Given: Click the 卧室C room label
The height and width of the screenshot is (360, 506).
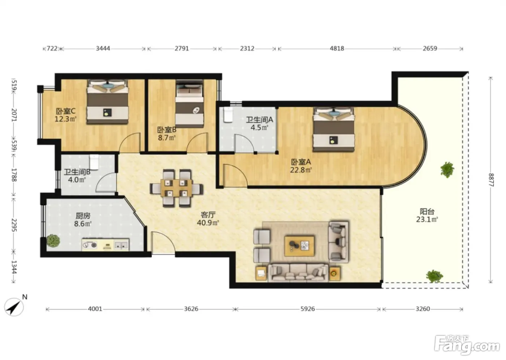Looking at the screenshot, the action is (x=66, y=111).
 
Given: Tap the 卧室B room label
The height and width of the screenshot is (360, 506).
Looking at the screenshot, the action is (x=167, y=130).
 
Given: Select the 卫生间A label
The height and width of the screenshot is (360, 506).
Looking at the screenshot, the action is (x=260, y=120).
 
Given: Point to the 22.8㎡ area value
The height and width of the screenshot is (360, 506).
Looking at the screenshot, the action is (x=301, y=170).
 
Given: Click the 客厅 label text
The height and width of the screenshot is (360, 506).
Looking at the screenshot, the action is (x=208, y=215).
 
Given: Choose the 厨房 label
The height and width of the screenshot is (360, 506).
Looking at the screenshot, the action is (x=83, y=216).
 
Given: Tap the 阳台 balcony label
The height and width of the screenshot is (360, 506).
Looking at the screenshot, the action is (x=427, y=211).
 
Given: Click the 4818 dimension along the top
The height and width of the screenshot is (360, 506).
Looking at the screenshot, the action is (x=337, y=48).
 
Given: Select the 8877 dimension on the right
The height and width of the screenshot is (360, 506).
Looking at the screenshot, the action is (x=491, y=180).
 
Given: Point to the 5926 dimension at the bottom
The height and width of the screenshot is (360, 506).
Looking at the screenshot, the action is (x=308, y=309).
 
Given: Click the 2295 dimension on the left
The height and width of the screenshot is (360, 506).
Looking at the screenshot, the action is (x=14, y=225).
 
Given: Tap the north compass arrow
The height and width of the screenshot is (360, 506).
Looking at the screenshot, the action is (x=14, y=307).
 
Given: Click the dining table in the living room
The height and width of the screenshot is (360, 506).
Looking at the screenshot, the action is (x=176, y=188).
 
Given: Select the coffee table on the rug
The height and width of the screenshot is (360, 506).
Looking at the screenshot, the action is (x=300, y=246).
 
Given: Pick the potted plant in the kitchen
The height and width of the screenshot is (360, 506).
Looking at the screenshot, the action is (x=53, y=240).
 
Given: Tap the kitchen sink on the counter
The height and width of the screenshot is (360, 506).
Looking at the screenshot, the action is (x=121, y=245).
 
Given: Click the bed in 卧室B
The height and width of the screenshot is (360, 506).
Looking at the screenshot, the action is (x=189, y=104).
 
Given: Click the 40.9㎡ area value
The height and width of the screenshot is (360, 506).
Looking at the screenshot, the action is (x=208, y=223).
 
